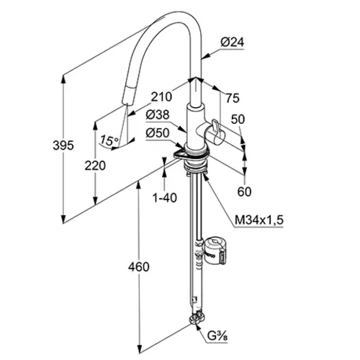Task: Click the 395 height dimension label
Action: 63,145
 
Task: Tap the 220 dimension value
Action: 95,166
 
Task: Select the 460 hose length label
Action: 138,267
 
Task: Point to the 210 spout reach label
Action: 161,96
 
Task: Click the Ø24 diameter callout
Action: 233,42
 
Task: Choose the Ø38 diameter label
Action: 158,114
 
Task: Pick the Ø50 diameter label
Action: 158,132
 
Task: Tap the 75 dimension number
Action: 233,98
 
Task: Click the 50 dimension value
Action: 238,119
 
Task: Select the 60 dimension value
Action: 244,192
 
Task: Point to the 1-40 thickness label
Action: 165,198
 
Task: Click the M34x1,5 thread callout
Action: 259,220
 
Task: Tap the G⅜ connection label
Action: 217,336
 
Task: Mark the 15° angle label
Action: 109,140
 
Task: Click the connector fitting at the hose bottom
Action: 197,318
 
